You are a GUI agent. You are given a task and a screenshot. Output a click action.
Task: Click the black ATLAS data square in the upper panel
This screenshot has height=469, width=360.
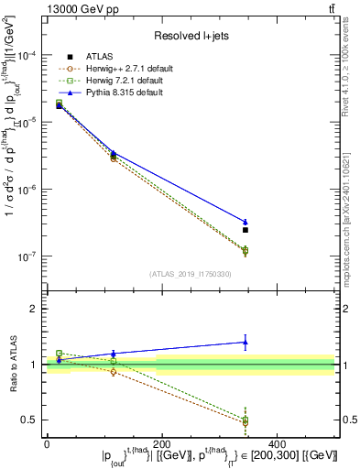[x=245, y=230]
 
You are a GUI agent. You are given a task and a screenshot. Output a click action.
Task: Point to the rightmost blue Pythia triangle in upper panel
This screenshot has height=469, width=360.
[x=245, y=222]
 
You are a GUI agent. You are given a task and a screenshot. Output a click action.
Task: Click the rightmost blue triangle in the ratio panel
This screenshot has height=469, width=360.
[x=245, y=343]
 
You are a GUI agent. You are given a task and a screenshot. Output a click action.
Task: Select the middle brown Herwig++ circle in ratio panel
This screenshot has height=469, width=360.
[x=114, y=372]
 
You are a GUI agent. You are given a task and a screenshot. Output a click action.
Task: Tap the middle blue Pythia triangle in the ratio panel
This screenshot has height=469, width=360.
[x=114, y=354]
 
